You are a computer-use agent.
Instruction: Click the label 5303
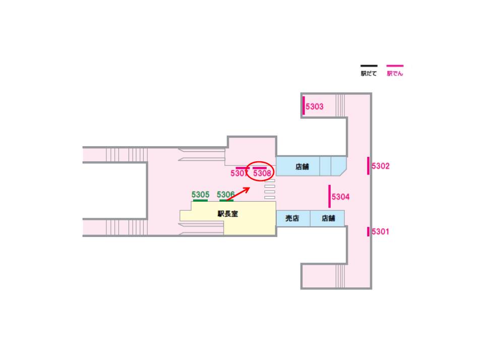pyautogui.click(x=315, y=106)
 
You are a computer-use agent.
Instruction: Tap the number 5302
pyautogui.click(x=381, y=166)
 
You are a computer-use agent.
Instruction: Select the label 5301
pyautogui.click(x=381, y=232)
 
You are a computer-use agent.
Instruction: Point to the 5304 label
pyautogui.click(x=341, y=197)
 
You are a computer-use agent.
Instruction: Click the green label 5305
pyautogui.click(x=200, y=194)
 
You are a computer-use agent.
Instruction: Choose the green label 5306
pyautogui.click(x=225, y=194)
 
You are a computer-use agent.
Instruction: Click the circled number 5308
pyautogui.click(x=262, y=173)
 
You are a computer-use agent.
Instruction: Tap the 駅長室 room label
pyautogui.click(x=228, y=214)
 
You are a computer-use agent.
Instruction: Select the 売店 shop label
pyautogui.click(x=292, y=218)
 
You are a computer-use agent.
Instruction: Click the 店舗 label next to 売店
pyautogui.click(x=328, y=218)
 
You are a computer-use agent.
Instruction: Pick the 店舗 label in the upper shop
pyautogui.click(x=302, y=166)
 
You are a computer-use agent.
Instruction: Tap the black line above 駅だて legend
pyautogui.click(x=369, y=66)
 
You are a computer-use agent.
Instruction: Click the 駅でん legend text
pyautogui.click(x=395, y=74)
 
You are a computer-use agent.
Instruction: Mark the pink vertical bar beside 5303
pyautogui.click(x=304, y=106)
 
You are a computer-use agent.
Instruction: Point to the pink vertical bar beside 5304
pyautogui.click(x=329, y=196)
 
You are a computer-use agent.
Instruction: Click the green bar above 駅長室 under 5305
pyautogui.click(x=200, y=200)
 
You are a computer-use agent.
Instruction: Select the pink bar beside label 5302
pyautogui.click(x=369, y=166)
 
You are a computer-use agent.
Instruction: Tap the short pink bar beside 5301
pyautogui.click(x=368, y=231)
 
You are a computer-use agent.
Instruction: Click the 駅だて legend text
pyautogui.click(x=369, y=74)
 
